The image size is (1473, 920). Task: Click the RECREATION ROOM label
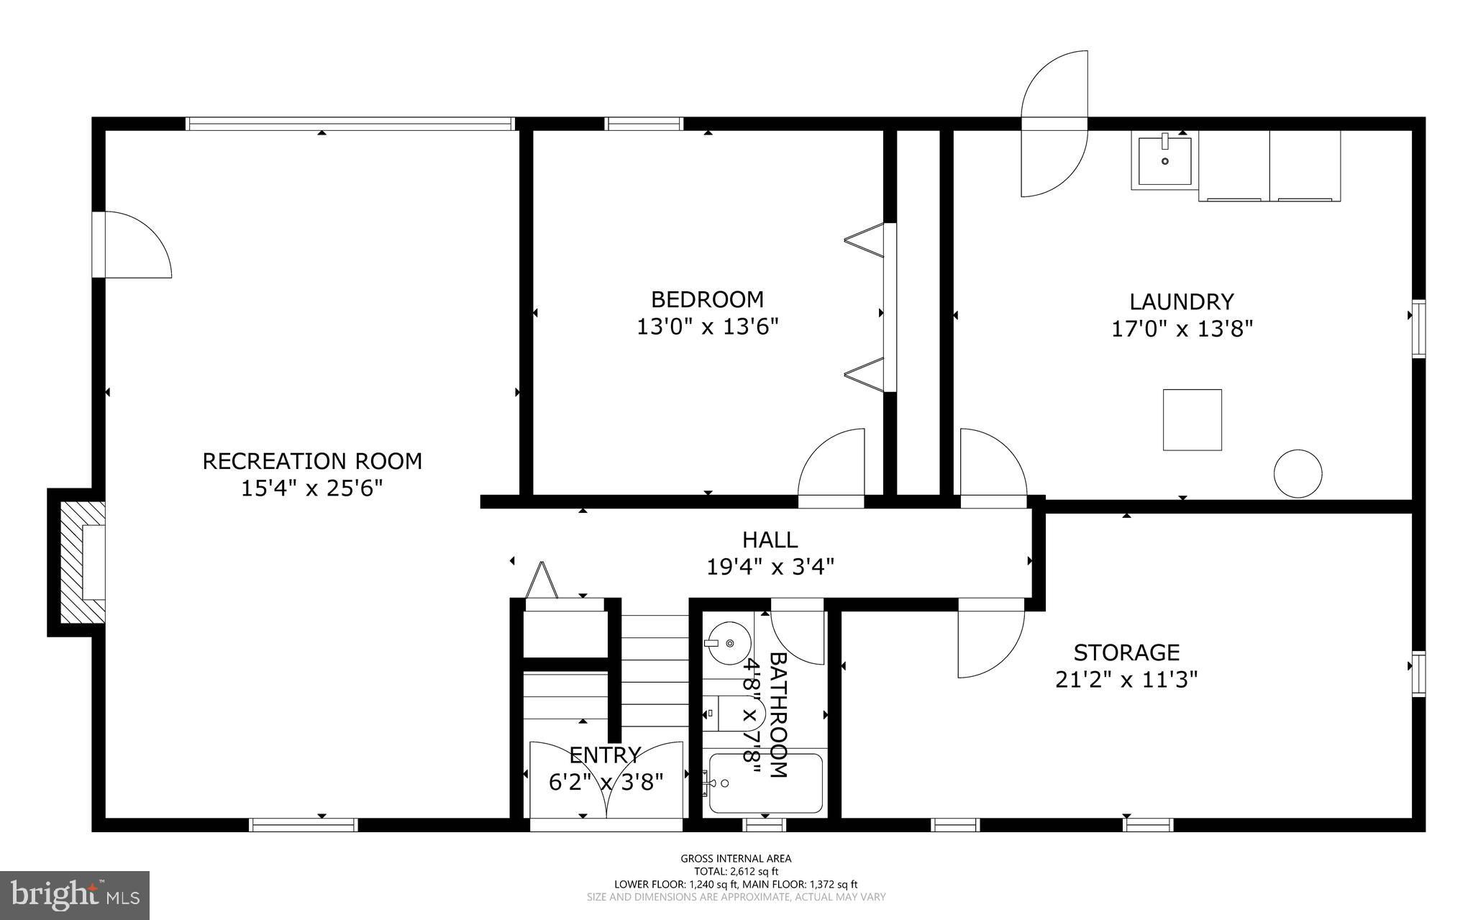(312, 461)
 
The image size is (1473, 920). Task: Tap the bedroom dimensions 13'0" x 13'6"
(708, 327)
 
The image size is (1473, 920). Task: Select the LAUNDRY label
(1182, 301)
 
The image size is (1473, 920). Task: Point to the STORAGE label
(1126, 652)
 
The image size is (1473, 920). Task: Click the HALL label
(770, 539)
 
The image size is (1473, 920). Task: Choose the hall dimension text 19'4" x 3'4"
(770, 568)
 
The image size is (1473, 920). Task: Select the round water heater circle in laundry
(1298, 473)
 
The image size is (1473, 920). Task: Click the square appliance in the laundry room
(1192, 420)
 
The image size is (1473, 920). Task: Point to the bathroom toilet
(722, 714)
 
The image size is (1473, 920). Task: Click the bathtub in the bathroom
(765, 783)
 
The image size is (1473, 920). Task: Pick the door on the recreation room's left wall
(133, 245)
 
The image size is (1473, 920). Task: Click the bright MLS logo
(75, 894)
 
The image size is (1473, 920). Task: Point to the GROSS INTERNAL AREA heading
(736, 858)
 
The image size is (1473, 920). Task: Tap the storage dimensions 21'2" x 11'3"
(1126, 680)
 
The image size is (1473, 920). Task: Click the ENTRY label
(605, 755)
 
